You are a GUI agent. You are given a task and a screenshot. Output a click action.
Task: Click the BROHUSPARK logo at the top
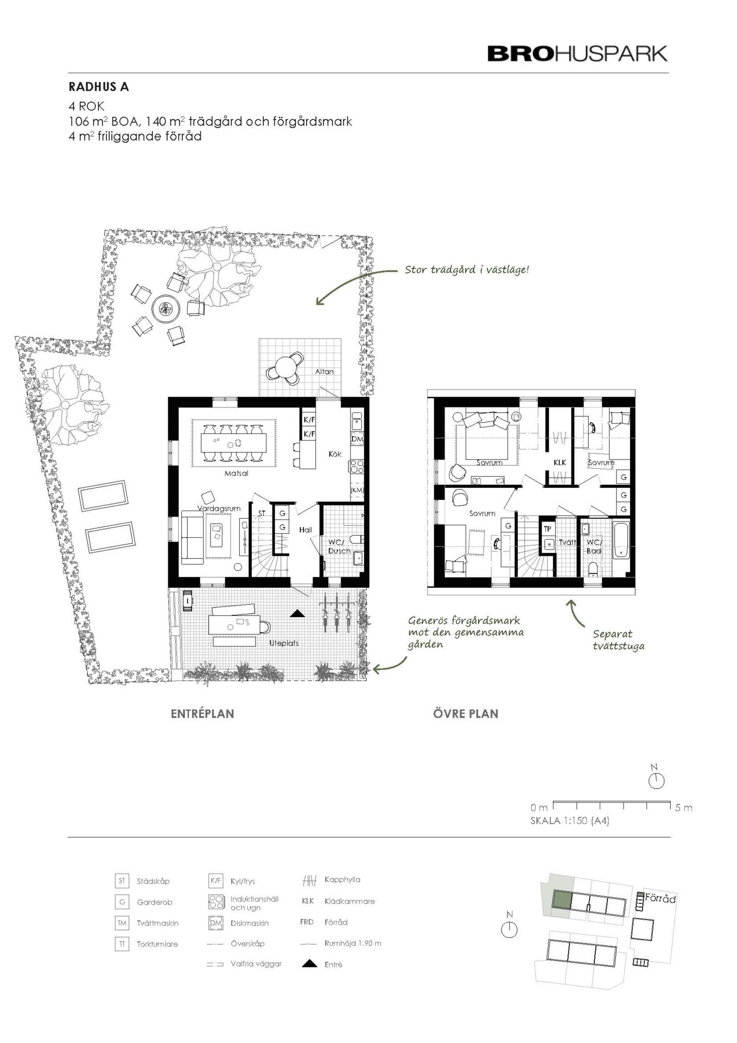tap(577, 54)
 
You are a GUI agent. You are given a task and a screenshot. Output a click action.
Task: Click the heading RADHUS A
tap(99, 87)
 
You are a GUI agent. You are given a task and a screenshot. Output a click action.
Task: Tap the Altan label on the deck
tap(325, 372)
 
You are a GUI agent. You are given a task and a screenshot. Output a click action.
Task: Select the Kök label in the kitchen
tap(335, 454)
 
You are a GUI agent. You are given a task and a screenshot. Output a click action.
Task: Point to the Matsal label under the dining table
tap(236, 473)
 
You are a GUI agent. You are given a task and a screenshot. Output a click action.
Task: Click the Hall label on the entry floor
tap(306, 530)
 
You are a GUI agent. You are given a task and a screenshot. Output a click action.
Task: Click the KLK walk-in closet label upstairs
tap(560, 462)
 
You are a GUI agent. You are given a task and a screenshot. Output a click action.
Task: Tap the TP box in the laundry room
tap(548, 529)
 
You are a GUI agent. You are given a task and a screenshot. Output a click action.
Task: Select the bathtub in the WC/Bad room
tap(621, 540)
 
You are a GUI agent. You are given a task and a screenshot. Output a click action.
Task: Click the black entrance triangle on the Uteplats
tap(296, 614)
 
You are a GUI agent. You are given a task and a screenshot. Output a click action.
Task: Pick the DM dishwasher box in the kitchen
tap(357, 439)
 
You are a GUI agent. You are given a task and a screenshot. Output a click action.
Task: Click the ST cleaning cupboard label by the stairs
tap(262, 513)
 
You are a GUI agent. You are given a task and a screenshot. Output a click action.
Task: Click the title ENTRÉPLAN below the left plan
tap(202, 714)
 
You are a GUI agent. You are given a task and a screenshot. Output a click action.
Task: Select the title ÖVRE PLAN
tap(466, 714)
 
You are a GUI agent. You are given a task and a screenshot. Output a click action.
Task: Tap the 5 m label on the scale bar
tap(684, 808)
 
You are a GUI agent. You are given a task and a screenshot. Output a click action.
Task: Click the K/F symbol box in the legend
tap(215, 881)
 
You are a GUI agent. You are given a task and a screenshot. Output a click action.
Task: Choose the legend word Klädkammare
tap(350, 901)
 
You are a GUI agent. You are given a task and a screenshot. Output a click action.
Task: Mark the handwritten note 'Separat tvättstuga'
tap(618, 640)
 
